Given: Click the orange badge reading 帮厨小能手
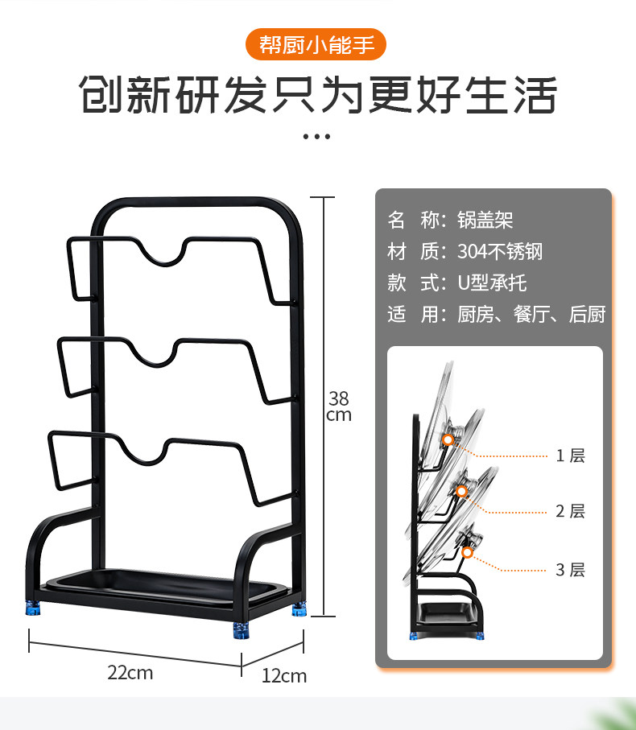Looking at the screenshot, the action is tap(316, 45).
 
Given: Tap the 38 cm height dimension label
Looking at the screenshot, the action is tap(338, 406).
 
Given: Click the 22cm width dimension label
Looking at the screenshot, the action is tap(130, 673).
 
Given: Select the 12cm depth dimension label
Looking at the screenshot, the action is tap(284, 676).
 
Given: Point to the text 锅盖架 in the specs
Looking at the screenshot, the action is tap(485, 220).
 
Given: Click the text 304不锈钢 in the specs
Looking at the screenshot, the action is tap(500, 251).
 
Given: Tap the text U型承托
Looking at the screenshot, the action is tap(492, 283).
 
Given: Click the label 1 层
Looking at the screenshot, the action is tap(570, 456).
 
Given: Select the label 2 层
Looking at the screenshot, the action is tap(570, 511).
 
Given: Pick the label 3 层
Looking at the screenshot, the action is tap(570, 570).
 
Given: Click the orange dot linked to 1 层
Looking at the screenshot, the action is tap(448, 439).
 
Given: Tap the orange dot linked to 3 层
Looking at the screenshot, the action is tap(468, 553).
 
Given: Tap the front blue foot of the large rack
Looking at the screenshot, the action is tap(242, 630).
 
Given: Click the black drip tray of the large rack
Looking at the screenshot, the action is tap(165, 588).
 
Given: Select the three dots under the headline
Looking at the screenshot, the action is tap(316, 136).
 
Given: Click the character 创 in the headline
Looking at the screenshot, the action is tap(101, 94).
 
